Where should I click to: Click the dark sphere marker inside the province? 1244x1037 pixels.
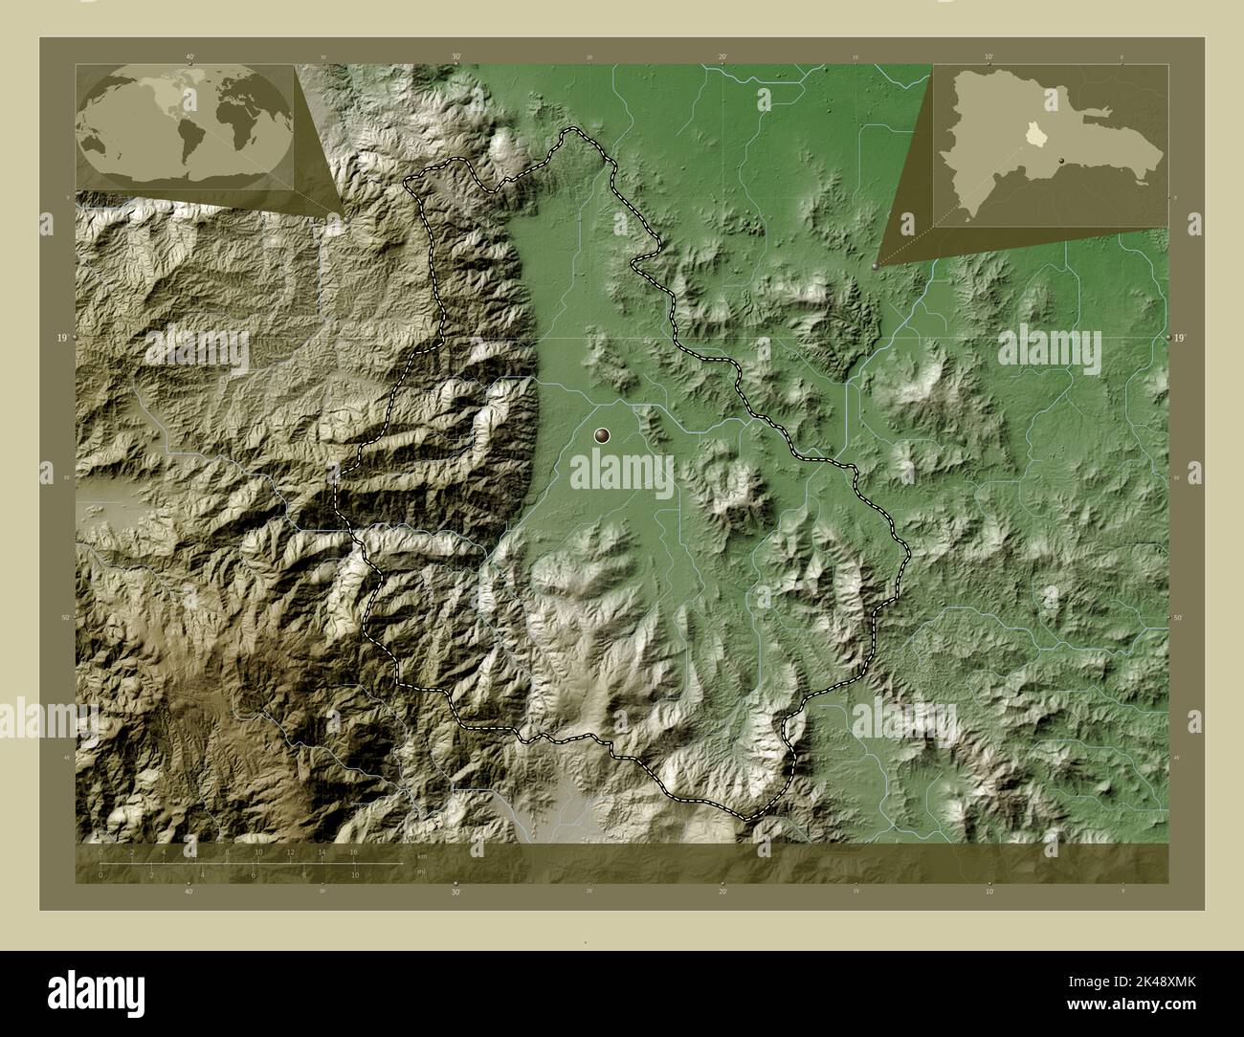[x=602, y=436]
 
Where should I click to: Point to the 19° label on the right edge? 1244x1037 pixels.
[x=1180, y=338]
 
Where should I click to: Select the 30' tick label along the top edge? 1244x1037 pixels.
[x=457, y=57]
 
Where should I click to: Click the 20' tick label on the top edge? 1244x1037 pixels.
[x=723, y=57]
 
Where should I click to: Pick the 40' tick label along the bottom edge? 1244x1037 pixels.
[x=189, y=892]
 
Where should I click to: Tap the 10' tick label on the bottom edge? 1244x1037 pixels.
[x=989, y=892]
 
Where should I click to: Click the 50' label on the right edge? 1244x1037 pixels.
[x=1179, y=618]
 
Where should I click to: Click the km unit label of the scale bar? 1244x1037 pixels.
[x=422, y=855]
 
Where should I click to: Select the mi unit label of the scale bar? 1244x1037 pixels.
[x=422, y=871]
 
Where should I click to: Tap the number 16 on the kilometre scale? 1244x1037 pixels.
[x=353, y=850]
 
